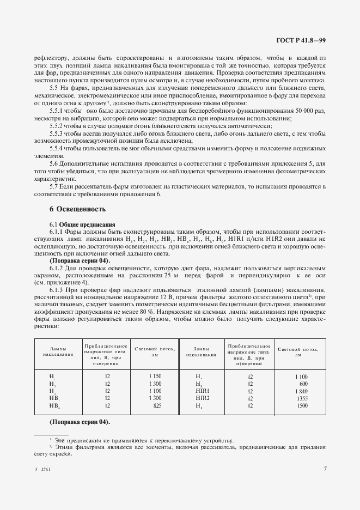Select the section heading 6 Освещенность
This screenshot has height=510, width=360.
[74, 209]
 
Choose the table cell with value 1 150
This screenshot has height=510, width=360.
[156, 377]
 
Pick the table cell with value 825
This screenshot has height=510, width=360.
[157, 405]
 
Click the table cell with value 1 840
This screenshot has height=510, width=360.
[301, 391]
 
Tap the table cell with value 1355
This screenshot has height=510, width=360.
[302, 398]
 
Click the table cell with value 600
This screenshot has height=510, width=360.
[303, 384]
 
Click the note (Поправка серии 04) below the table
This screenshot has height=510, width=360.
[80, 422]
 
